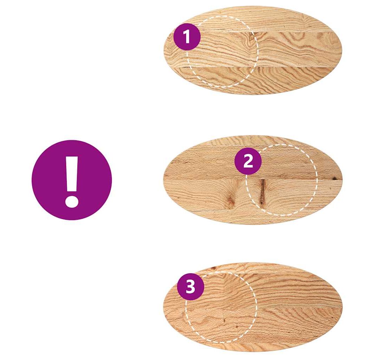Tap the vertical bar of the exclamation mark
[72, 174]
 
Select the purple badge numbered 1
[187, 37]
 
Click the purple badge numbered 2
[248, 161]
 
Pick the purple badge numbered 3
[191, 287]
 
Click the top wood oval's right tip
[342, 50]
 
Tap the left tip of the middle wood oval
[164, 180]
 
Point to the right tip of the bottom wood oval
[342, 307]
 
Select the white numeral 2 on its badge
[248, 161]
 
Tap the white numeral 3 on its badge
[191, 287]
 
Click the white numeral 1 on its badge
[186, 37]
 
